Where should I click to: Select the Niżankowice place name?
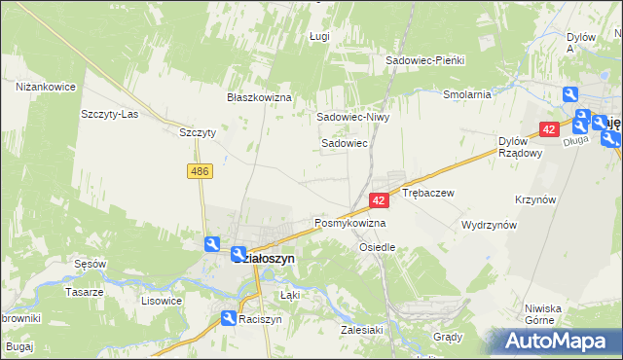click(x=46, y=87)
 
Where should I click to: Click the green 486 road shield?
click(x=201, y=171)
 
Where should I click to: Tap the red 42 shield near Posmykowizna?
click(x=380, y=199)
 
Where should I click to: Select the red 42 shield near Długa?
click(x=549, y=128)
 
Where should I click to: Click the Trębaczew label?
click(x=428, y=194)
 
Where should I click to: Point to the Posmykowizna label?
click(x=349, y=223)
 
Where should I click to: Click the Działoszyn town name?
click(x=262, y=259)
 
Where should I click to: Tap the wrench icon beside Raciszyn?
click(x=227, y=318)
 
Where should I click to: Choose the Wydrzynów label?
click(x=489, y=225)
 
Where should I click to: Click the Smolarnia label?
click(x=466, y=95)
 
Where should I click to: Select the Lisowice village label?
click(x=162, y=301)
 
